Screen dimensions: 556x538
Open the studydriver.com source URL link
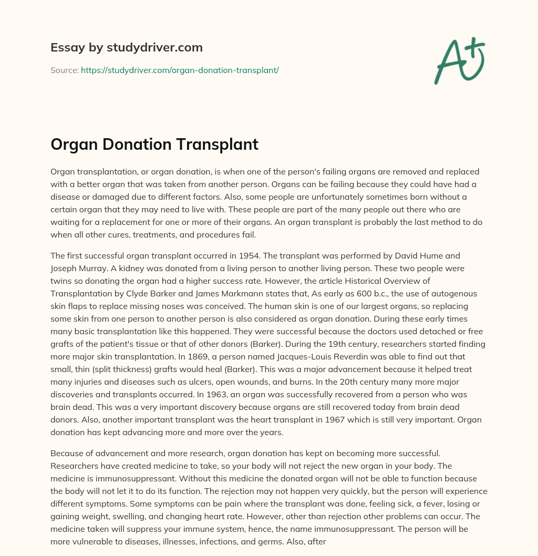pyautogui.click(x=180, y=70)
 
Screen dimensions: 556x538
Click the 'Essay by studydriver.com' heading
pyautogui.click(x=127, y=47)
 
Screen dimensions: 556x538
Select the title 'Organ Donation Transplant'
pyautogui.click(x=154, y=145)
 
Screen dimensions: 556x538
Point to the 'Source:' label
pyautogui.click(x=64, y=70)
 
